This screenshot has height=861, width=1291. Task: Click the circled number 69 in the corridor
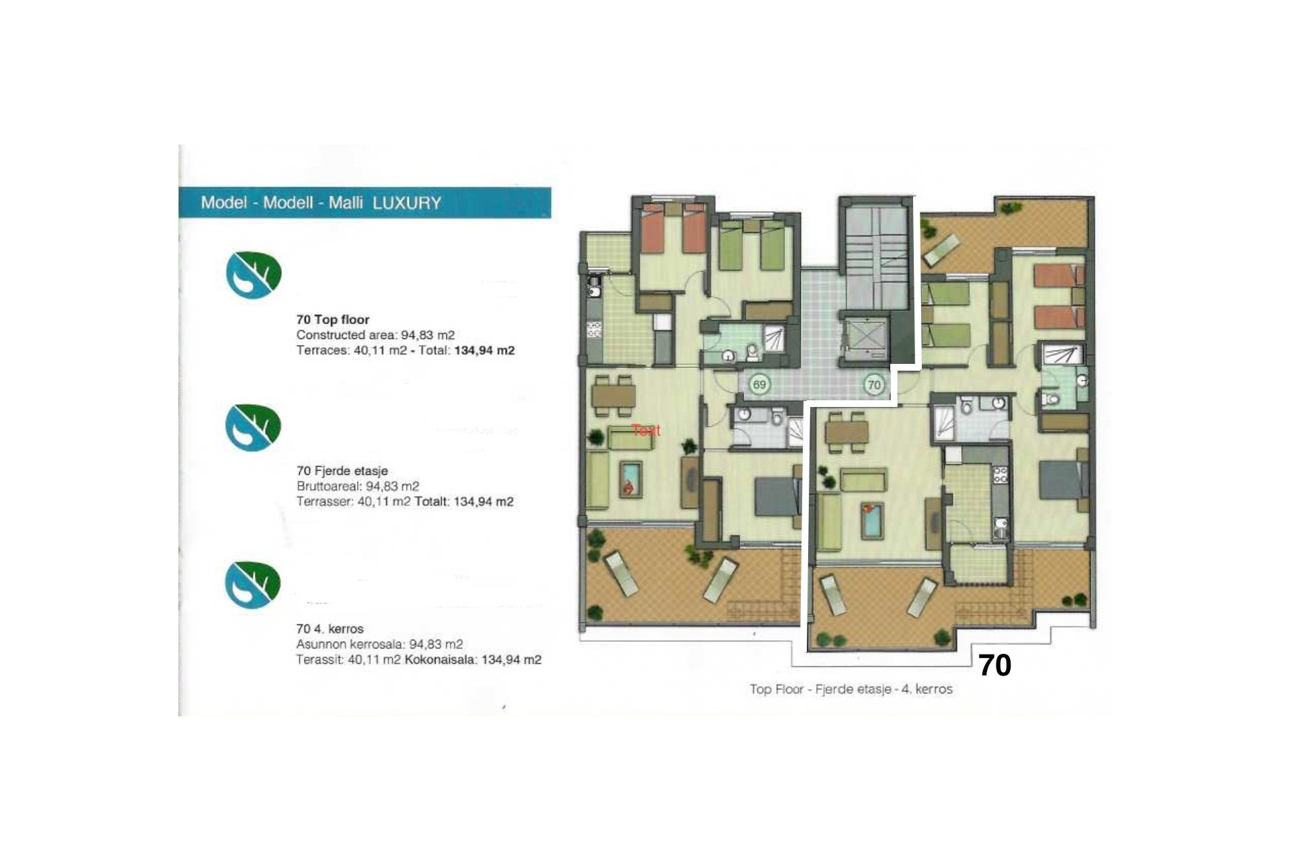point(759,385)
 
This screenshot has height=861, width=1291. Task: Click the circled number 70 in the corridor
point(873,385)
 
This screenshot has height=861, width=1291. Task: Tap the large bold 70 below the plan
point(994,665)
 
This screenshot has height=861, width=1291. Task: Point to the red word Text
point(646,430)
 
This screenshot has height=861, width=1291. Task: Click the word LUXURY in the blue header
point(407,203)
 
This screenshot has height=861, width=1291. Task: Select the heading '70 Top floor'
point(333,320)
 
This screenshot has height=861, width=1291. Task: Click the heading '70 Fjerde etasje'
point(342,471)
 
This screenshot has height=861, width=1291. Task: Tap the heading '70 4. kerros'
point(329,629)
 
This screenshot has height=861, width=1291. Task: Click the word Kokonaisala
point(440,660)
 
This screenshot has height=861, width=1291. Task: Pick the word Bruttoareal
point(329,486)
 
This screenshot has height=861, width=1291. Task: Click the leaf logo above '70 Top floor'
point(253,274)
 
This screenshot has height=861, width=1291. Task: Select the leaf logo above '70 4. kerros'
point(253,584)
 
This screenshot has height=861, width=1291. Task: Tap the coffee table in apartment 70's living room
point(872,519)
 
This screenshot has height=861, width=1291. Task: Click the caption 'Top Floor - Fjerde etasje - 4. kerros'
point(851,689)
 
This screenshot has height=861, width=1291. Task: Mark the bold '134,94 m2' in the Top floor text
point(484,350)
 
